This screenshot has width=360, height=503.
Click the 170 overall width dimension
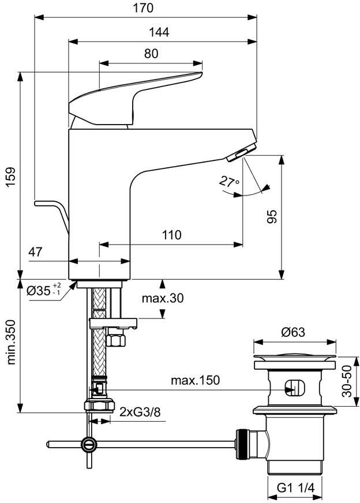click(143, 7)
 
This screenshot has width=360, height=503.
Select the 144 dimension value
click(159, 32)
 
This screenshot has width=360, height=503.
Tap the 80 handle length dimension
click(151, 54)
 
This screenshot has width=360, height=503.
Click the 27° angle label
click(229, 182)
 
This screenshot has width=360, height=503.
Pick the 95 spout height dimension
click(272, 216)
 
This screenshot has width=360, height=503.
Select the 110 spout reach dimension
click(172, 235)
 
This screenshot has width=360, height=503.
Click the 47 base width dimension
click(35, 252)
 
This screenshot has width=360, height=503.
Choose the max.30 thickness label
click(163, 298)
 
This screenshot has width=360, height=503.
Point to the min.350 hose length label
click(11, 342)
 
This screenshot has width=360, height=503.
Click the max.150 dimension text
click(195, 381)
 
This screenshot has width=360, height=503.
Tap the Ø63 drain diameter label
click(293, 332)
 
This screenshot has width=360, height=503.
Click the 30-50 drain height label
click(347, 381)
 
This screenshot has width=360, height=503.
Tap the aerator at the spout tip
click(242, 153)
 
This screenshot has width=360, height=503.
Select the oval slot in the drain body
click(295, 388)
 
